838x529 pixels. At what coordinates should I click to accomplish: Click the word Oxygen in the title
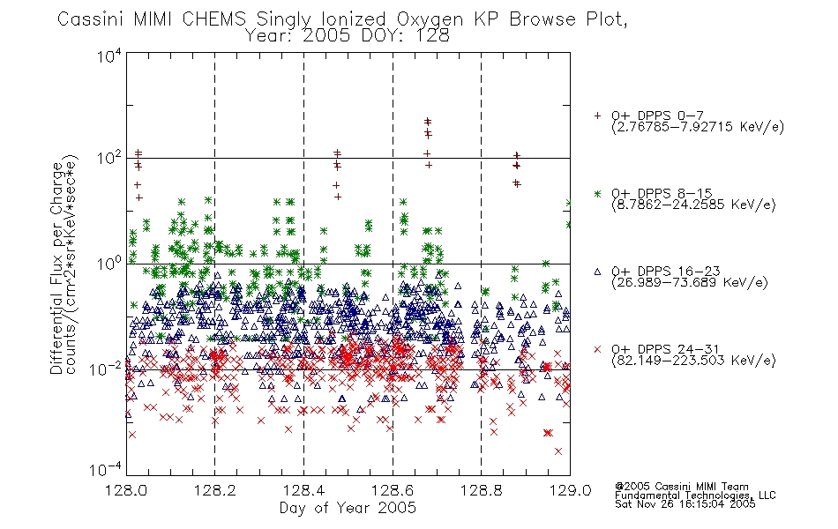[430, 19]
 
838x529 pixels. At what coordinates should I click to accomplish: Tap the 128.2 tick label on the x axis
[215, 490]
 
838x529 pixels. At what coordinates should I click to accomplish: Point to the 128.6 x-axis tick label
[393, 490]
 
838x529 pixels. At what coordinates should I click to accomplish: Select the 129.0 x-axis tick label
[570, 490]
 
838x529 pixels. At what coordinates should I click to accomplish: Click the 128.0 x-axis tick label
[126, 490]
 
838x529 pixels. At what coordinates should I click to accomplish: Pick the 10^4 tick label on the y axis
[109, 56]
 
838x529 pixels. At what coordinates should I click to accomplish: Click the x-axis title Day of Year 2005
[348, 508]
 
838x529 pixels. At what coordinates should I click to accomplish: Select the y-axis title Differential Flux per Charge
[56, 268]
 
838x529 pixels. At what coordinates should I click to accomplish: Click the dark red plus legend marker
[597, 115]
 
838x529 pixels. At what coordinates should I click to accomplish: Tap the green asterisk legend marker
[597, 193]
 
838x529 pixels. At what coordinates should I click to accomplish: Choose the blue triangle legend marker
[597, 272]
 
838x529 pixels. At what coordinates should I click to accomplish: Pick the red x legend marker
[597, 349]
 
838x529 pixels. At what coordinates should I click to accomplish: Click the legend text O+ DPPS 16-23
[666, 271]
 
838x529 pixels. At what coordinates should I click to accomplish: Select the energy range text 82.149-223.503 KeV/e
[693, 361]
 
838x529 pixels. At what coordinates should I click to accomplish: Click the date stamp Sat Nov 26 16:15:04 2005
[685, 504]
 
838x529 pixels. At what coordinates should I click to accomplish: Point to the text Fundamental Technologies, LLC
[695, 495]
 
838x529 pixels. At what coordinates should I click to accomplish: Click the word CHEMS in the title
[213, 19]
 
